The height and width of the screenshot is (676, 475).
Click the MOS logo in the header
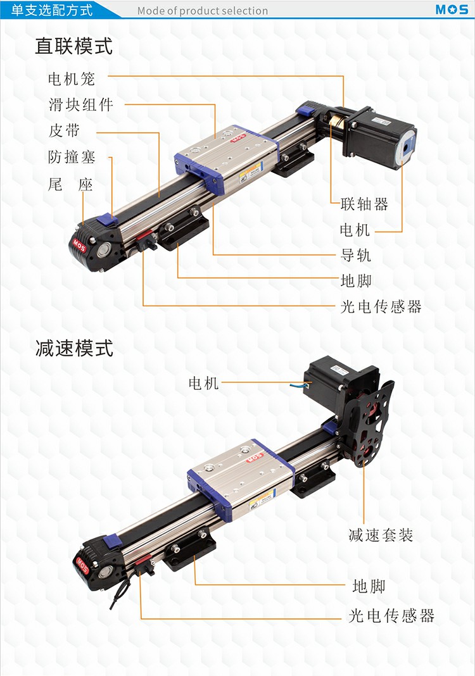[452, 9]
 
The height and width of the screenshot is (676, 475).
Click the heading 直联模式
[73, 46]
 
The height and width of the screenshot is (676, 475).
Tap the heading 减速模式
[74, 348]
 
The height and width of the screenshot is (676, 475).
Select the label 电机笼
[71, 79]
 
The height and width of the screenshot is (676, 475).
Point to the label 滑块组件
[80, 105]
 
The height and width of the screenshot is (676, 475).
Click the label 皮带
[64, 130]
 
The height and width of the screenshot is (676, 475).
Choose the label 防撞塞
[72, 157]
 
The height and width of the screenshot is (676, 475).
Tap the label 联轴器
[364, 204]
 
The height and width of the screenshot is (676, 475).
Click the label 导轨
[355, 255]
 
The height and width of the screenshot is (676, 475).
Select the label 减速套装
[381, 535]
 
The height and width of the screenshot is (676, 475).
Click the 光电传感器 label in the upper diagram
[381, 306]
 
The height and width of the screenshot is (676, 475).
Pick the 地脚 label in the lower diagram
[369, 586]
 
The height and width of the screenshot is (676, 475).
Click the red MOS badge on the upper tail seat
[79, 246]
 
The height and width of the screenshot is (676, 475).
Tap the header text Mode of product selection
[202, 11]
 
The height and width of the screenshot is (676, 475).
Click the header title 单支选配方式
[51, 10]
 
